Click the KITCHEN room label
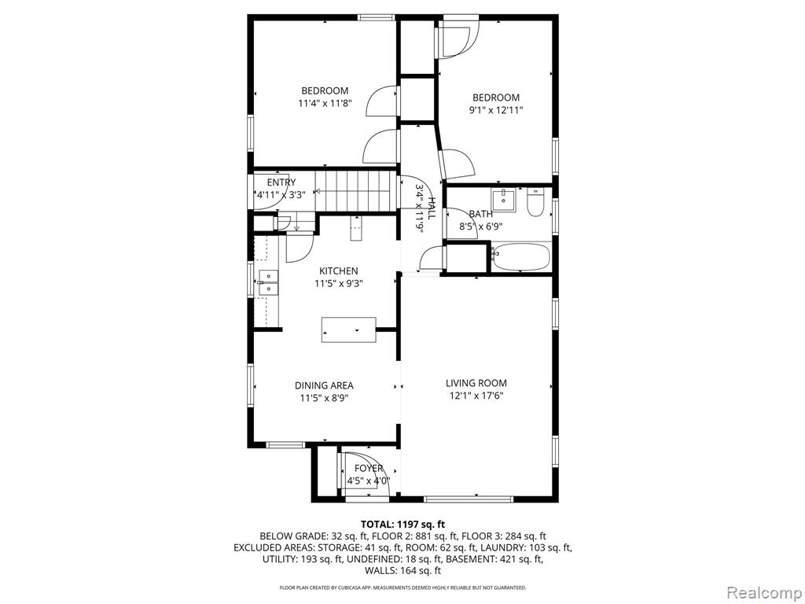click(x=338, y=271)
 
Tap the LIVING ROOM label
click(x=476, y=383)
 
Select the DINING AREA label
click(x=324, y=385)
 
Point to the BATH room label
click(x=480, y=214)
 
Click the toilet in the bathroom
click(x=535, y=202)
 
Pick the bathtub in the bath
click(x=521, y=257)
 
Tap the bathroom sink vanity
click(x=504, y=200)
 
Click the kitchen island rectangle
click(x=348, y=330)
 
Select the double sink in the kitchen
click(x=268, y=283)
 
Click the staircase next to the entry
click(x=356, y=191)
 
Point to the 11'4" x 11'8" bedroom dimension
click(x=325, y=103)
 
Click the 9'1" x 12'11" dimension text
click(x=496, y=110)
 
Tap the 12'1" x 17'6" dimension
click(x=476, y=396)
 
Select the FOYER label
click(x=369, y=469)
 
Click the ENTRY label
click(x=281, y=182)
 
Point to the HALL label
click(x=432, y=208)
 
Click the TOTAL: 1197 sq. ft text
click(x=402, y=525)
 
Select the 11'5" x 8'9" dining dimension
click(x=324, y=398)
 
